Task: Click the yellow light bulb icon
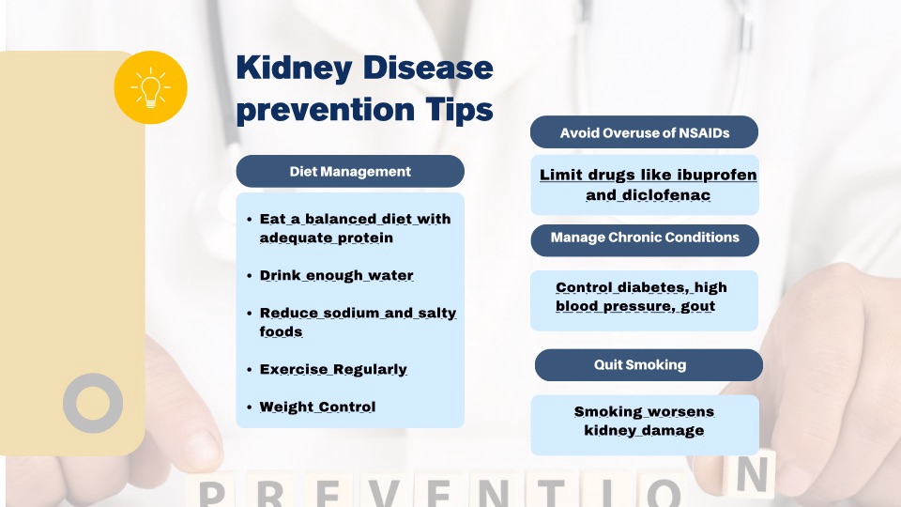(150, 87)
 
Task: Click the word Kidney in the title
(294, 69)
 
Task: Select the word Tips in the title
(459, 109)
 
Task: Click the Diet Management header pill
(350, 171)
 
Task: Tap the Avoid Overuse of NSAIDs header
(644, 132)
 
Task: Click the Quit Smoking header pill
(649, 365)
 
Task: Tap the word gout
(697, 306)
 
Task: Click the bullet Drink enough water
(336, 275)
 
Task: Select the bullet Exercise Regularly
(333, 369)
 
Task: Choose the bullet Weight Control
(317, 407)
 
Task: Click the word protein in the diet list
(365, 238)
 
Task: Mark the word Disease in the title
(429, 68)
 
